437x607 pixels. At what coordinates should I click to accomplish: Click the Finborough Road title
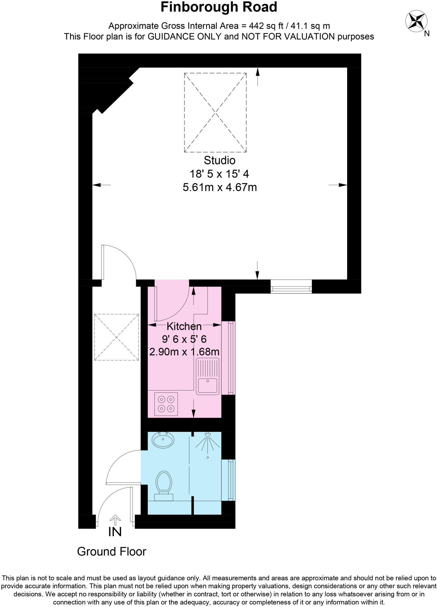click(219, 7)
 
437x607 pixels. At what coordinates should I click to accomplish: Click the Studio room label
click(220, 160)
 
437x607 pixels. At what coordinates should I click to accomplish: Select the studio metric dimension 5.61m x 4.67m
click(220, 188)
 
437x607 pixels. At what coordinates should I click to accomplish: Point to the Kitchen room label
click(184, 326)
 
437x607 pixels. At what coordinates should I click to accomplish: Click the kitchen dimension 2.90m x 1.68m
click(184, 352)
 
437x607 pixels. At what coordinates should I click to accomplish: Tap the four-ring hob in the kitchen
click(166, 404)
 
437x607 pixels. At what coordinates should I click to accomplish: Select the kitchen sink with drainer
click(208, 376)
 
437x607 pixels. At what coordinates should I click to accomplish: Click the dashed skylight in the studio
click(215, 113)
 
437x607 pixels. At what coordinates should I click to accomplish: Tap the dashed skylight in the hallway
click(116, 337)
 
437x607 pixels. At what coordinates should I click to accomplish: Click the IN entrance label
click(115, 532)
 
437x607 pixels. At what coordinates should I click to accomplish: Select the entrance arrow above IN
click(115, 518)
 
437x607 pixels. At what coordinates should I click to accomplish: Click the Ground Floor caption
click(112, 552)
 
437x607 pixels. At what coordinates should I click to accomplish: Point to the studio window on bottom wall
click(291, 287)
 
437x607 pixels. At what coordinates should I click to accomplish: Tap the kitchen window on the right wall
click(228, 358)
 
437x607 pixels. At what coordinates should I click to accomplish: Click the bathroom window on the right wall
click(228, 480)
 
